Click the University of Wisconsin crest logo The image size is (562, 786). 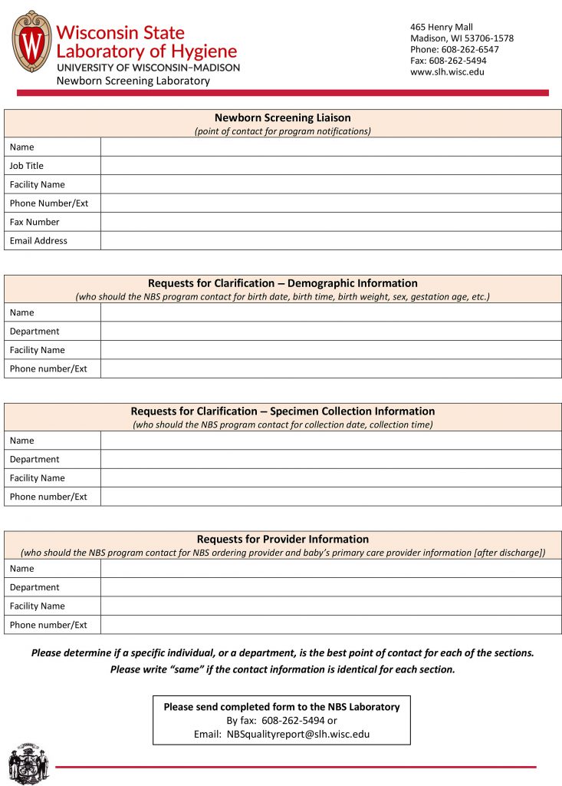tap(32, 41)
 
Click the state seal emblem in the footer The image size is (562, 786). tap(28, 763)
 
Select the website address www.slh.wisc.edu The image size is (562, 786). tap(447, 72)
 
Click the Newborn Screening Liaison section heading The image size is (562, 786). tap(282, 118)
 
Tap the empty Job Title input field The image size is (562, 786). tap(330, 166)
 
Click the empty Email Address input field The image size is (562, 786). tap(330, 241)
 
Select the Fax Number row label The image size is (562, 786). tap(35, 223)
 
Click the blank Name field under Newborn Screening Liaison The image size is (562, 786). tap(330, 147)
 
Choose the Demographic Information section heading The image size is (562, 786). tap(282, 283)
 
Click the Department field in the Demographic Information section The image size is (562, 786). tap(330, 332)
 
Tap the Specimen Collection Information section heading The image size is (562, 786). tap(282, 411)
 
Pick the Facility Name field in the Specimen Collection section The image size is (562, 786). tap(330, 478)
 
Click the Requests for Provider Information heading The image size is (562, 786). tap(282, 540)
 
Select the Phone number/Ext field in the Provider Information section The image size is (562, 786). tap(330, 625)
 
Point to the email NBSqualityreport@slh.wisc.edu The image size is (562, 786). tap(297, 734)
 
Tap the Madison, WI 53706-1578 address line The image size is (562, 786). tap(462, 38)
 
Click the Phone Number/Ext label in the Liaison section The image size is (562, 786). tap(49, 203)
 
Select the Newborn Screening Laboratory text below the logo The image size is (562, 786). tap(133, 81)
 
